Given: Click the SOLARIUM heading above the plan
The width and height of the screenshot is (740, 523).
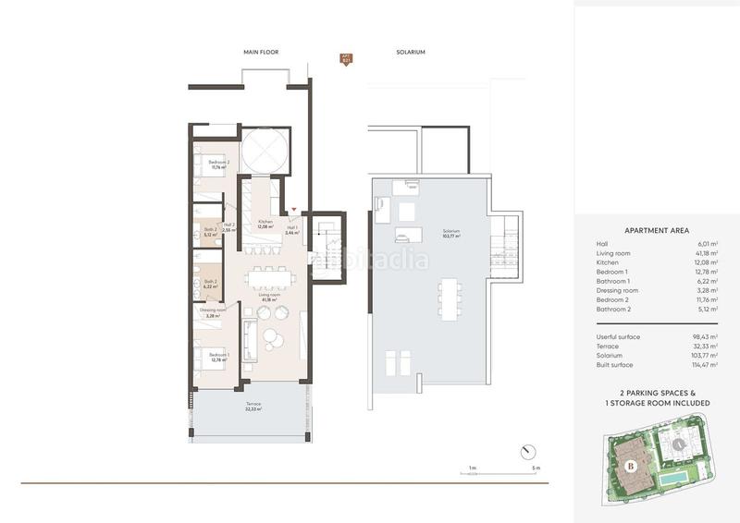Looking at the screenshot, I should tap(410, 52).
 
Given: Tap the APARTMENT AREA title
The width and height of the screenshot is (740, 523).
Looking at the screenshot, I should tap(656, 231).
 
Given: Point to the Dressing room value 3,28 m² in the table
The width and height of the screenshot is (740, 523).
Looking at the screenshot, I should tap(706, 290).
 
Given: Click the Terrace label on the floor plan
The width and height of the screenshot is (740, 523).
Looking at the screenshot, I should tap(253, 405).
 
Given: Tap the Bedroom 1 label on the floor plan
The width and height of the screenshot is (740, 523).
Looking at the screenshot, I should tap(218, 356).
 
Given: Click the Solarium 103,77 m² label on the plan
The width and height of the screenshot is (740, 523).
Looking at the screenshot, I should tap(451, 233).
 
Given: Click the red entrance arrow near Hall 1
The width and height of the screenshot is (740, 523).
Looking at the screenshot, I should tap(294, 211).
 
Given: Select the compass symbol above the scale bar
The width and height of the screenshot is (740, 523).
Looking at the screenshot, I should tap(526, 450).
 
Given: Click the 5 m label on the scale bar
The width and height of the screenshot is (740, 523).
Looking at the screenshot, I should tap(536, 469).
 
